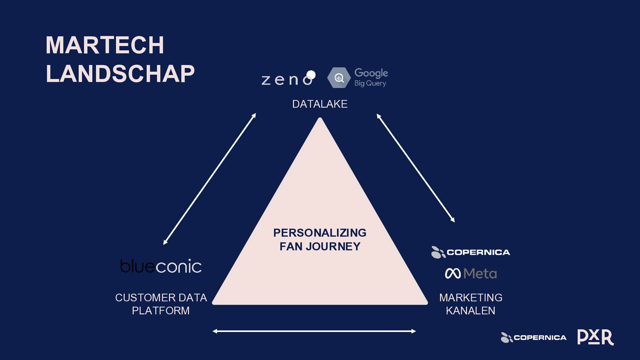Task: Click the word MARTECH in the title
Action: (x=105, y=45)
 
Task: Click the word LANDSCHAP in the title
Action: (x=120, y=74)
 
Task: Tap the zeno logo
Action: (x=287, y=79)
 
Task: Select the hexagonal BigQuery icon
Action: (x=339, y=78)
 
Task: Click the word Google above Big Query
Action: (x=371, y=73)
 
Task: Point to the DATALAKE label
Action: (x=320, y=104)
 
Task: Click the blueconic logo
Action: (x=161, y=266)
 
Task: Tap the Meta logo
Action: (x=471, y=274)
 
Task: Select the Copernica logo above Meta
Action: (x=471, y=252)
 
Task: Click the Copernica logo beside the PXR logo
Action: (x=533, y=338)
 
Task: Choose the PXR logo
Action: (x=595, y=337)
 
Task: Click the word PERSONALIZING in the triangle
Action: (x=320, y=233)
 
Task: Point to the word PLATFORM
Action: (x=161, y=311)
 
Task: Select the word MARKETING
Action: (x=471, y=297)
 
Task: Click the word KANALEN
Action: (x=471, y=311)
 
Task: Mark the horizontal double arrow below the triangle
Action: (x=314, y=331)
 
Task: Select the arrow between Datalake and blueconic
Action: (x=209, y=179)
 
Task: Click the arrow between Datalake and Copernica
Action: (x=416, y=168)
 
